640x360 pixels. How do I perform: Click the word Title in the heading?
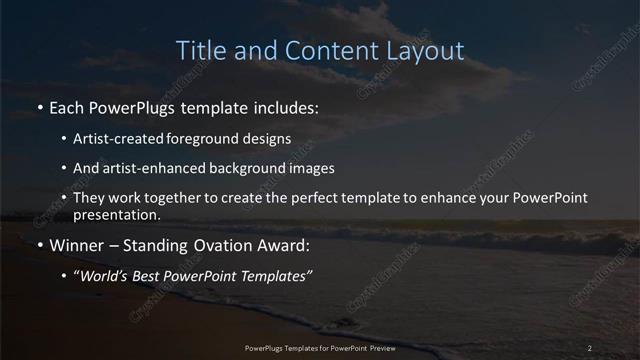(200, 51)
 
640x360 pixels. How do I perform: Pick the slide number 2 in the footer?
(590, 347)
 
